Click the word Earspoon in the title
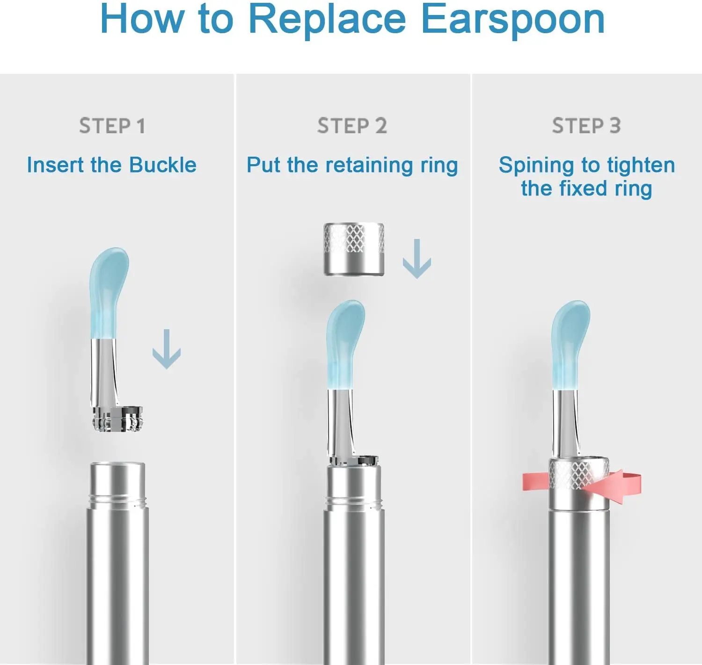513,20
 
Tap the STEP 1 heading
112,126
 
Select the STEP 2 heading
352,126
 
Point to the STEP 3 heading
587,126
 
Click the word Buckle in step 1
162,165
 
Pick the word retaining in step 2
369,166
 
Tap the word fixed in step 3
583,188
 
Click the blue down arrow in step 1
167,349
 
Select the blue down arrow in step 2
417,259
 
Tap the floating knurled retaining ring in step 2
354,250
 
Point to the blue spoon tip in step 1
109,293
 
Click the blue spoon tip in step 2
345,345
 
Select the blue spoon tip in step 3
570,345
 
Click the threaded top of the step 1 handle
117,485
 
